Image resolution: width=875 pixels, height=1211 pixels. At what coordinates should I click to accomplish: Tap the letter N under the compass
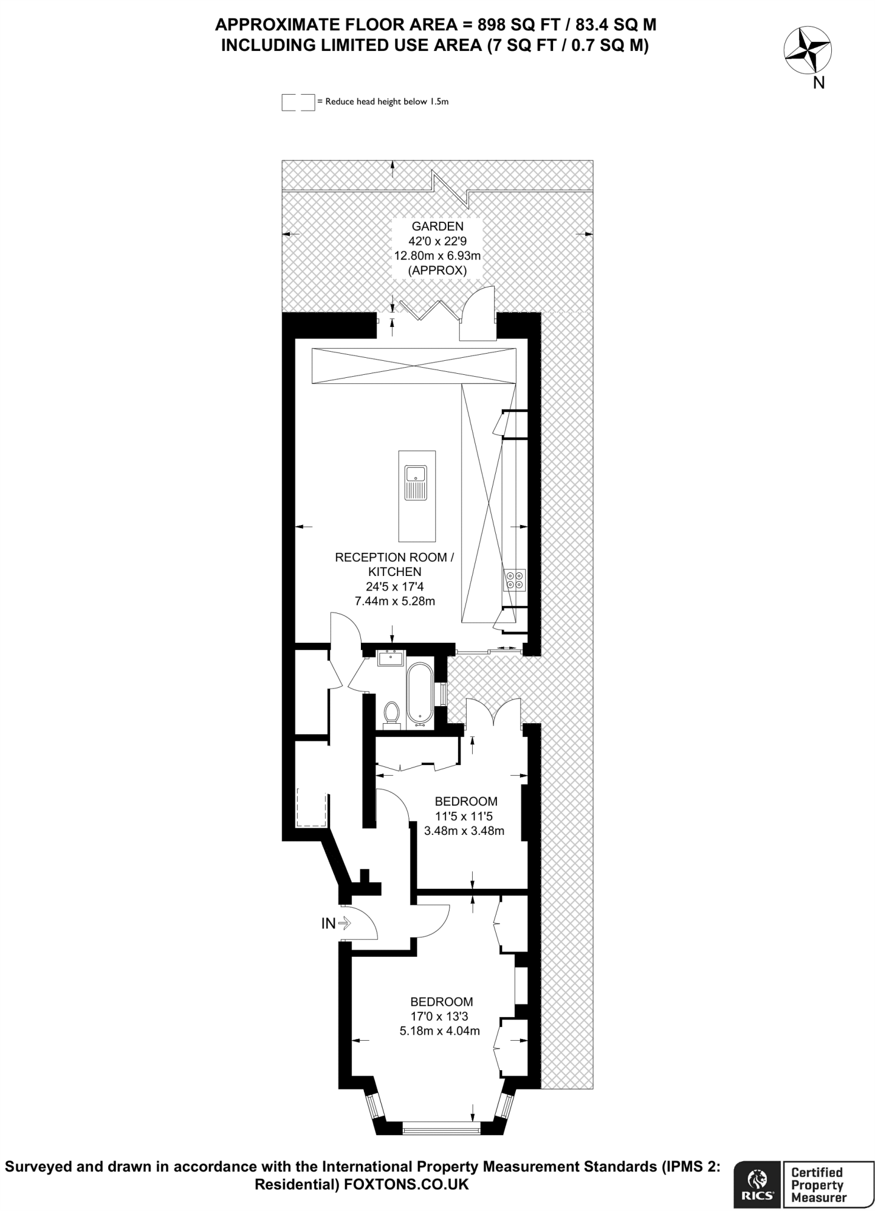[819, 83]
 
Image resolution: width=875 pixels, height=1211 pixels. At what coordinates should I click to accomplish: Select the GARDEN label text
[438, 226]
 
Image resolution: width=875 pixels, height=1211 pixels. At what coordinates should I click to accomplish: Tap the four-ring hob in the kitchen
[514, 579]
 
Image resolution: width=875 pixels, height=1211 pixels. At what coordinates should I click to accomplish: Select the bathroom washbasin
[390, 658]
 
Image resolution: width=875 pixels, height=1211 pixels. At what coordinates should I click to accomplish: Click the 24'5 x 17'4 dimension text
[395, 587]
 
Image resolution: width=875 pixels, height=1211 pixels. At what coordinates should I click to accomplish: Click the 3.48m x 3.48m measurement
[464, 830]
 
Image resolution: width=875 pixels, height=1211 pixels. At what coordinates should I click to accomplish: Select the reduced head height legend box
[298, 102]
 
